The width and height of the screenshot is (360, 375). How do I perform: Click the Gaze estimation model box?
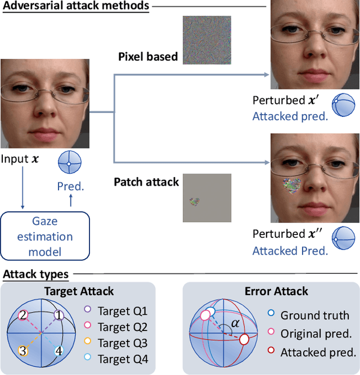tap(44, 236)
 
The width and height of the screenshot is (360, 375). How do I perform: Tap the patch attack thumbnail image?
tap(206, 197)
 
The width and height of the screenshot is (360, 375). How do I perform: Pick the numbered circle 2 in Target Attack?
tap(22, 316)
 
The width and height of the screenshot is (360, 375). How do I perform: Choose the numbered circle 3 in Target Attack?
tap(22, 351)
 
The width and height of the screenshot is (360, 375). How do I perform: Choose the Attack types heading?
tap(35, 275)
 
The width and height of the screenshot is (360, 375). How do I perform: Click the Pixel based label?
tap(148, 57)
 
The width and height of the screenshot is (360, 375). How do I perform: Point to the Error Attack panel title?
tap(276, 291)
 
